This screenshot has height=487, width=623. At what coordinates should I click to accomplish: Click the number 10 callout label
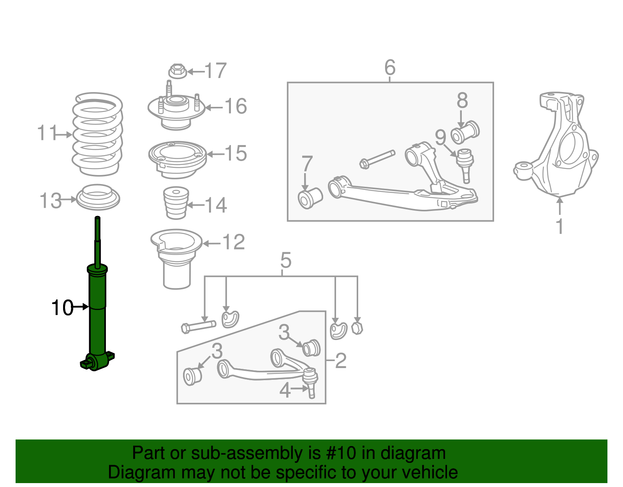pos(62,308)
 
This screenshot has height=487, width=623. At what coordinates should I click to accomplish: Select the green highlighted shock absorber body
pos(97,312)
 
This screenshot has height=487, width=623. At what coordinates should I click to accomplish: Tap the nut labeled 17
pos(178,71)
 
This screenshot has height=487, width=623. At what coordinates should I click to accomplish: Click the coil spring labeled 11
pos(97,135)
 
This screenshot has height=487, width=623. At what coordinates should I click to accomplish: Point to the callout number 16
pos(236,106)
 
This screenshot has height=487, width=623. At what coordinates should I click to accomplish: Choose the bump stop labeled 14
pos(176,203)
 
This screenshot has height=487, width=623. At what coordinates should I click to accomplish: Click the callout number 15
pos(236,153)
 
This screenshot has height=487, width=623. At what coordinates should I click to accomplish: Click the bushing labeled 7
pos(310,198)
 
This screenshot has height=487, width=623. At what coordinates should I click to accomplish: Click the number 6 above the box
pos(390,67)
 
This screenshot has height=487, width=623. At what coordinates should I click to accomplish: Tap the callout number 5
pos(285,260)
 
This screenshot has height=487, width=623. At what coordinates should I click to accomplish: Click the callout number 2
pos(340,361)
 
